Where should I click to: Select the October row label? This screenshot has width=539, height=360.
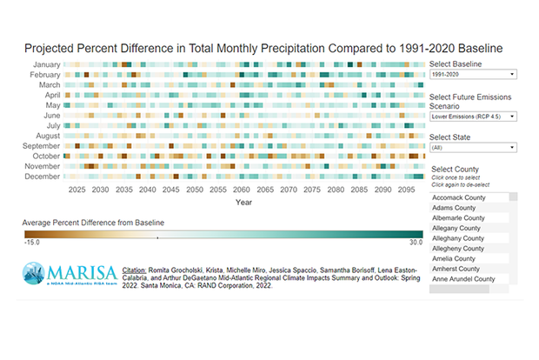pos(44,156)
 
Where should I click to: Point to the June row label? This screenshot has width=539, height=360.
pos(50,115)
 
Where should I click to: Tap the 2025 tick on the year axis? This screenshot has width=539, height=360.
pos(77,189)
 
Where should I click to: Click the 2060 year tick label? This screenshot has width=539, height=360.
pos(242,189)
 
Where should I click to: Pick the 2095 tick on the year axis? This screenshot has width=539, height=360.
pos(406,189)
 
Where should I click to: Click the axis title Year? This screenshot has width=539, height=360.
pos(243,202)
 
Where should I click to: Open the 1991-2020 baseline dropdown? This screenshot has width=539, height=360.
pos(473,76)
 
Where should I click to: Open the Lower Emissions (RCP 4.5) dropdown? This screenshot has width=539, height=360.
pos(473,116)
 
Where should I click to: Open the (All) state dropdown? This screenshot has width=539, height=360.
pos(473,147)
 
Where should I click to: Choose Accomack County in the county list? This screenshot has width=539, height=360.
pos(458,197)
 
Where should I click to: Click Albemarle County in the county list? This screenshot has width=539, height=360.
pos(458,217)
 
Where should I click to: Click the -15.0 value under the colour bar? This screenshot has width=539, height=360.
pos(32,242)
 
